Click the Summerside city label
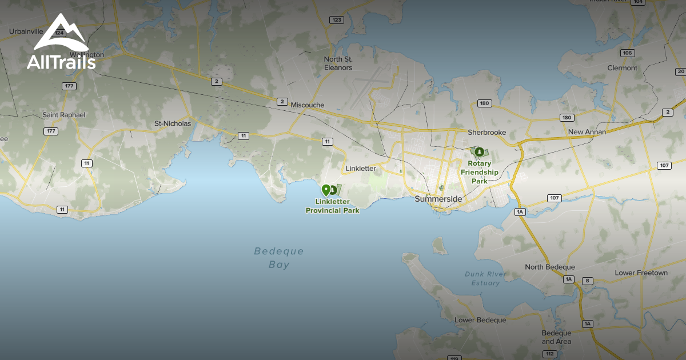point(438,199)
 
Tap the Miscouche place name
point(307,105)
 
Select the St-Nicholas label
point(173,123)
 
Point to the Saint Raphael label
point(64,115)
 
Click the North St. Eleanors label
point(338,63)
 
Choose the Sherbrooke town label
point(487,132)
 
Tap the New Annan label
point(587,132)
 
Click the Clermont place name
point(622,68)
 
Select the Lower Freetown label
point(641,273)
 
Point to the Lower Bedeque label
point(480,320)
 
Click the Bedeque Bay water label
point(279,258)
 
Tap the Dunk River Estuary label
point(485,278)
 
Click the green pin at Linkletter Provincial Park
point(326,190)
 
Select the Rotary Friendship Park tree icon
point(479,151)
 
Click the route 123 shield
point(337,20)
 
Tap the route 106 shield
point(627,53)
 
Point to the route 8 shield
point(587,281)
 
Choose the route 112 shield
point(549,354)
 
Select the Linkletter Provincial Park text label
point(333,206)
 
